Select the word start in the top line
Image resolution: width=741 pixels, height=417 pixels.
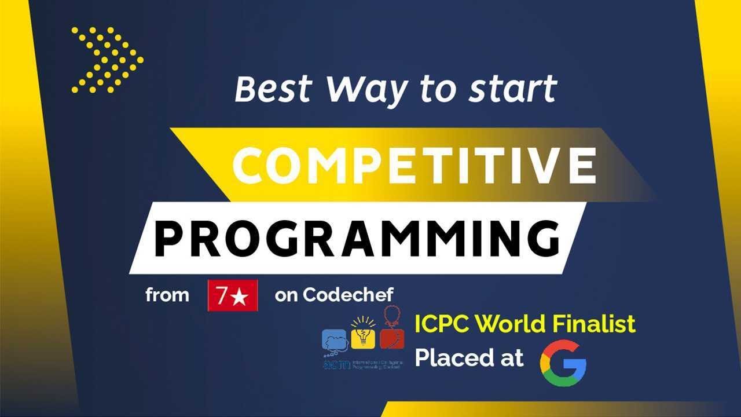(511, 89)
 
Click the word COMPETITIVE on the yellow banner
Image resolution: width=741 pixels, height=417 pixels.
(414, 164)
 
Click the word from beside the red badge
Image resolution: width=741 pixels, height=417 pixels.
(167, 295)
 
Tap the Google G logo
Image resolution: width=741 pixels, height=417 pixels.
(563, 363)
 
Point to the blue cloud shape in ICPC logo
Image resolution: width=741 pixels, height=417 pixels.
(335, 340)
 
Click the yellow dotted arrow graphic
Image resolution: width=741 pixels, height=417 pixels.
(108, 60)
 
